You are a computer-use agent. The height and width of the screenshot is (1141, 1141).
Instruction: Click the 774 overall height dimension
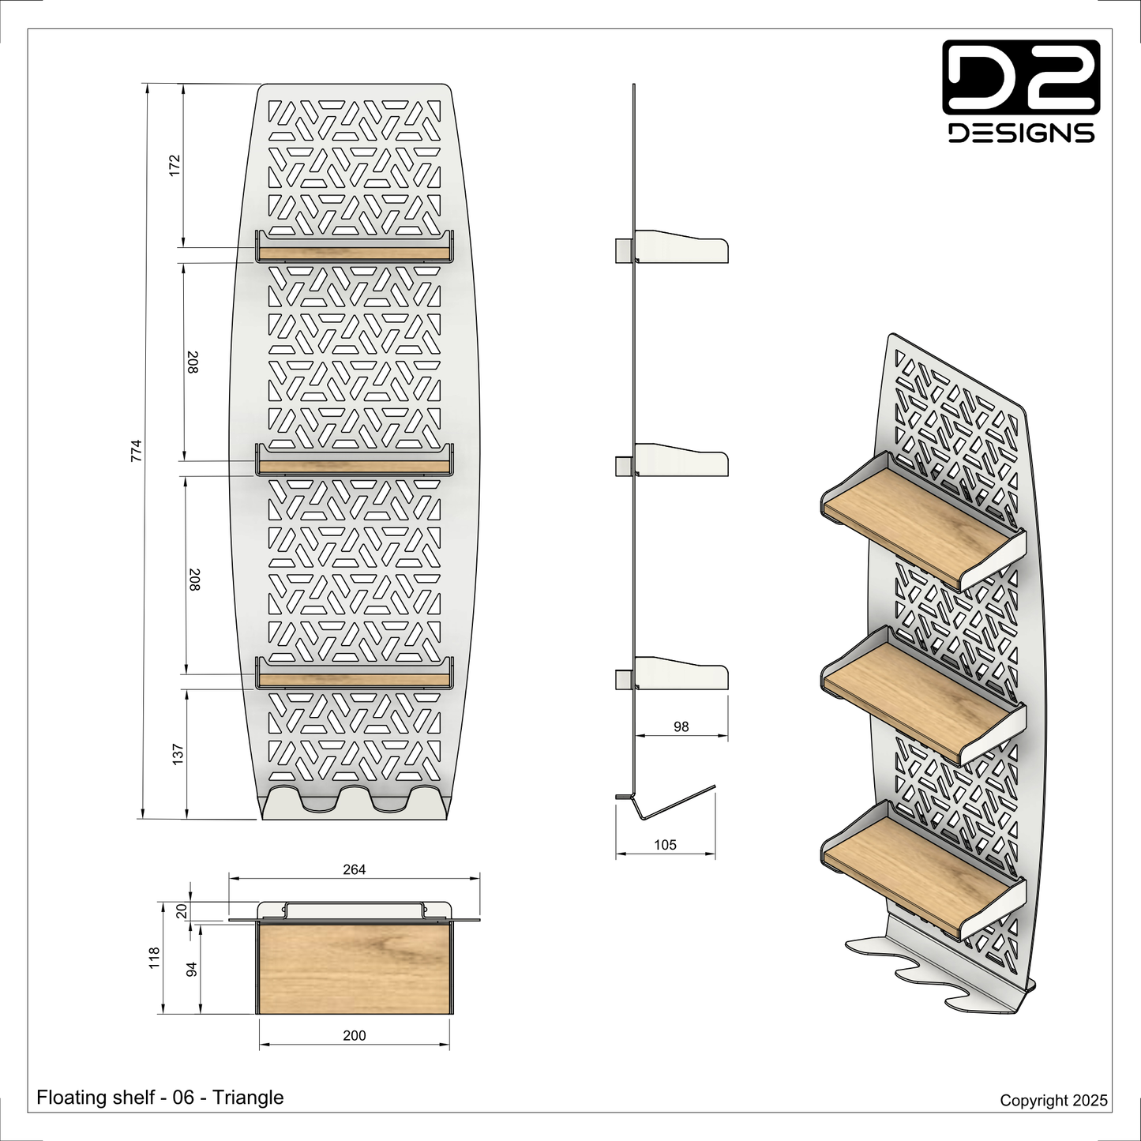click(137, 451)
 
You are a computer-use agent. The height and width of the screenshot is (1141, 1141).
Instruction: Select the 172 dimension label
click(175, 165)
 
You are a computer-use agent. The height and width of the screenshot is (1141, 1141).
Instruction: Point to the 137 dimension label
click(178, 753)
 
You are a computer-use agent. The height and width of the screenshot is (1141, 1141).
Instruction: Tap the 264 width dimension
click(354, 869)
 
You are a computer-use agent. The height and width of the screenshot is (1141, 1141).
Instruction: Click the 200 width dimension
click(355, 1035)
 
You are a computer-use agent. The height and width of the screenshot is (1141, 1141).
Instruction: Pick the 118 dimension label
click(155, 958)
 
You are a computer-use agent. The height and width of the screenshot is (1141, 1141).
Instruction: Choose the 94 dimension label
click(191, 969)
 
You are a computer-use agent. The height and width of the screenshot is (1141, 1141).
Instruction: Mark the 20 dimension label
click(182, 911)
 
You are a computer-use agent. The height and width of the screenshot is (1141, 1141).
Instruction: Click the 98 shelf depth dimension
click(681, 726)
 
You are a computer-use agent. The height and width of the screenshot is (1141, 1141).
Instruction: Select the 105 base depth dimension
click(665, 845)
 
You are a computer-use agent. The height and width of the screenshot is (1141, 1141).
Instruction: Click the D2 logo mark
click(1021, 77)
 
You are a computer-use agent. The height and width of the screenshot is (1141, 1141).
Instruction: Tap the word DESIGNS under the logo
click(1021, 133)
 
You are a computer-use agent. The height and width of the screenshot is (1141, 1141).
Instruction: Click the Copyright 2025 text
click(1053, 1100)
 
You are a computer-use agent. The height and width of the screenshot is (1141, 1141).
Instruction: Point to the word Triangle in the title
click(248, 1098)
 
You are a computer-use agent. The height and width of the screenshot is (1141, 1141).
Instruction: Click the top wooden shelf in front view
click(354, 253)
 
